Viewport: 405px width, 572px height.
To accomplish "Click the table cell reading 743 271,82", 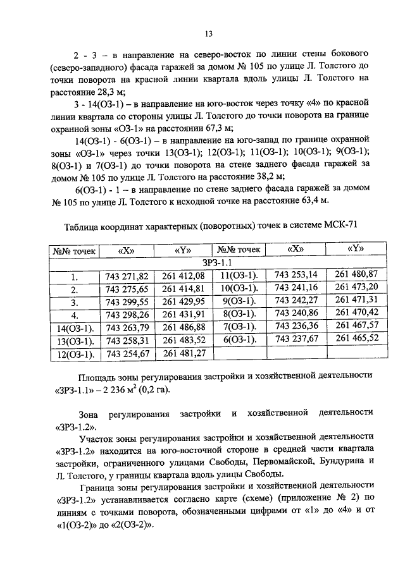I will click(127, 276).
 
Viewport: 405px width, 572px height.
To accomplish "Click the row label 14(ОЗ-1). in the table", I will click(74, 327).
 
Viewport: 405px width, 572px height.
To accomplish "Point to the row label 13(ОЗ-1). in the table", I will click(74, 341).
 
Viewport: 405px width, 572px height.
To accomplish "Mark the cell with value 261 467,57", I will click(356, 325).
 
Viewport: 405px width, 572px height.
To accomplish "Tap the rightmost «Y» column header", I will click(356, 248).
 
